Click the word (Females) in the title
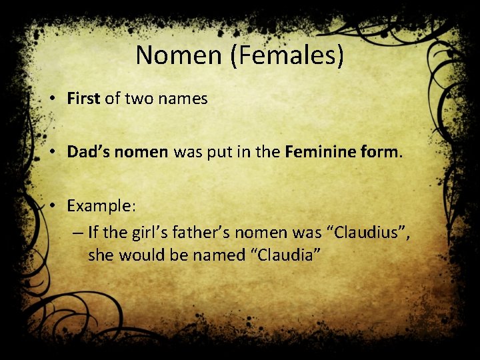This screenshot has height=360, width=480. (x=287, y=55)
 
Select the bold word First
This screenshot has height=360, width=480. (x=83, y=99)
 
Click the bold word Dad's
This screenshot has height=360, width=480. (x=89, y=152)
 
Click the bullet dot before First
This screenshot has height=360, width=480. (x=52, y=99)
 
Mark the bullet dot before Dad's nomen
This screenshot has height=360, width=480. (x=52, y=152)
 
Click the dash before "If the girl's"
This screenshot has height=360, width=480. (x=77, y=232)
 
